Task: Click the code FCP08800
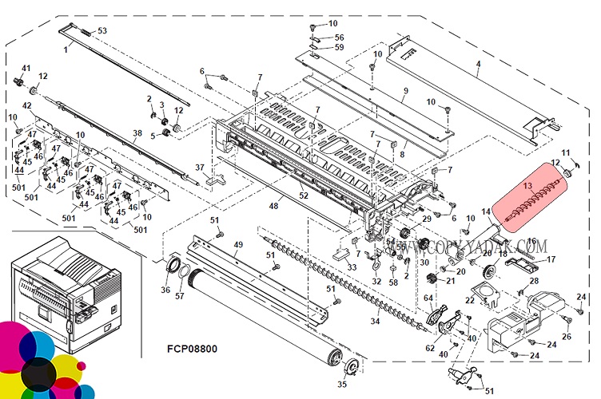192,349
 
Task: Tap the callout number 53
101,30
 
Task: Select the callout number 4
477,63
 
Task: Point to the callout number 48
273,207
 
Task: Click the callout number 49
237,244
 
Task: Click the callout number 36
165,290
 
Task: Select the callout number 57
180,295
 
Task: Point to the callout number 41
26,68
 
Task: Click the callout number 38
137,133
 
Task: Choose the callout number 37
201,167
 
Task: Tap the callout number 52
303,196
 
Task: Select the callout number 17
551,259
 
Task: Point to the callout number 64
428,299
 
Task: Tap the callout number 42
26,105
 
